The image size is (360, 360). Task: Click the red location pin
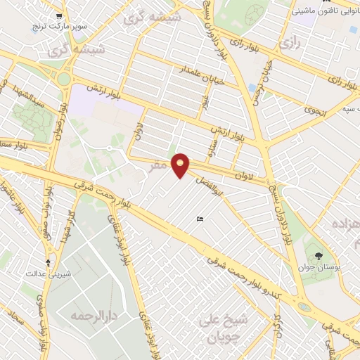(x=181, y=165)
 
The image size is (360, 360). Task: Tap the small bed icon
(x=200, y=220)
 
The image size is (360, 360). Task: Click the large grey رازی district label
(x=288, y=44)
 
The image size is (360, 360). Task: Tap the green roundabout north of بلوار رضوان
(x=64, y=79)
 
